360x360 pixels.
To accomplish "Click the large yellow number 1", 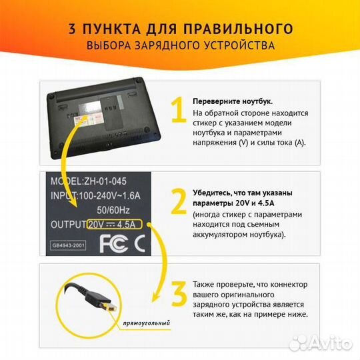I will coord(177,111).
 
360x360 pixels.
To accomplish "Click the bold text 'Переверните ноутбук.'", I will coord(232,101).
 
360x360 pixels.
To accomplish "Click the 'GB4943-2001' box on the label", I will coord(69,245).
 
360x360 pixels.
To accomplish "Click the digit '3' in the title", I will coord(73,29).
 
